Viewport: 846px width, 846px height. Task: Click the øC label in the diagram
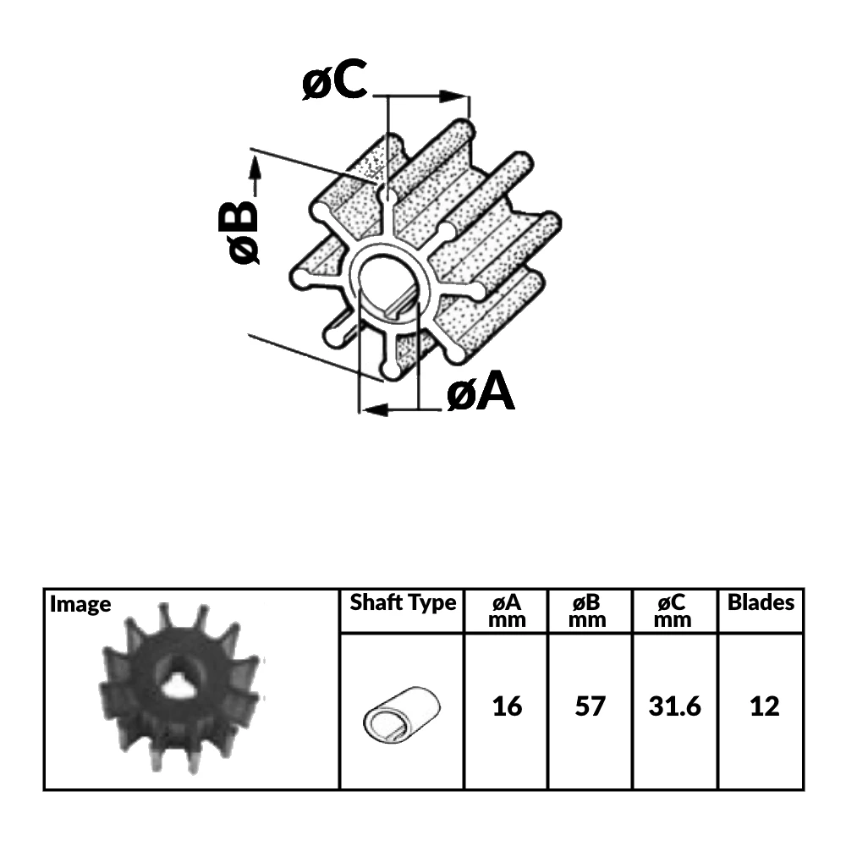pyautogui.click(x=334, y=82)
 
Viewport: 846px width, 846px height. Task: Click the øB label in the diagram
pyautogui.click(x=238, y=231)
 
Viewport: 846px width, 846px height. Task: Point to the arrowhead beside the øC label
pyautogui.click(x=457, y=97)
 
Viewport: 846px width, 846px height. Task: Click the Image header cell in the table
pyautogui.click(x=80, y=604)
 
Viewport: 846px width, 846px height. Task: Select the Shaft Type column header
pyautogui.click(x=403, y=603)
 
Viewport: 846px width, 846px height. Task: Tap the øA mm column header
pyautogui.click(x=507, y=611)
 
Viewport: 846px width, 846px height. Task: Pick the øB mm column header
pyautogui.click(x=590, y=611)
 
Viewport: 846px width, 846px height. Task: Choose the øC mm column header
pyautogui.click(x=674, y=611)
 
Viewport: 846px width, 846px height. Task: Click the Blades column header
pyautogui.click(x=761, y=603)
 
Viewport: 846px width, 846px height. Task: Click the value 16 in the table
pyautogui.click(x=507, y=706)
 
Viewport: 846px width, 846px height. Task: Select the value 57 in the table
pyautogui.click(x=590, y=706)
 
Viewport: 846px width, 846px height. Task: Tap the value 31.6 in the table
pyautogui.click(x=674, y=706)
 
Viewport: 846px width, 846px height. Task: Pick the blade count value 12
pyautogui.click(x=764, y=706)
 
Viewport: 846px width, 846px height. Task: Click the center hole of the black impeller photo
pyautogui.click(x=179, y=687)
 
